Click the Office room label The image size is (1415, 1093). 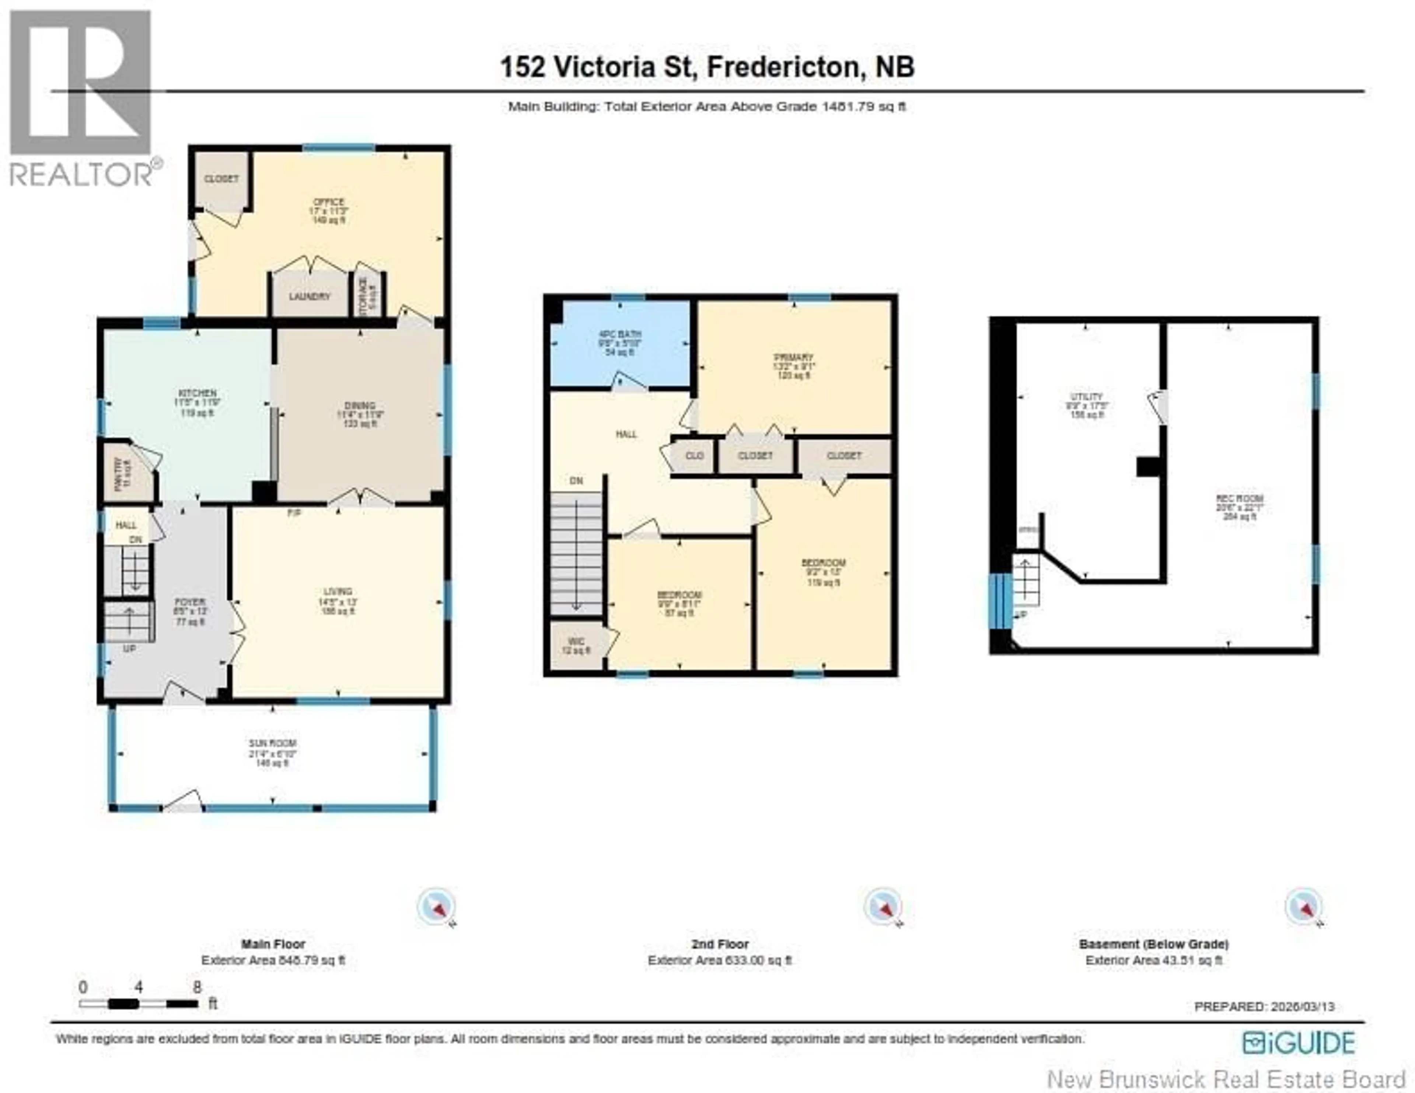point(328,203)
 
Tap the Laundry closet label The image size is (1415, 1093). point(310,297)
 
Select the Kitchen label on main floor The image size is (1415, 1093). point(198,394)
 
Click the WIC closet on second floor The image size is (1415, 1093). point(576,645)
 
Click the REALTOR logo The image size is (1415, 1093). point(82,97)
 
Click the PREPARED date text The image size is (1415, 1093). point(1264,1006)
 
